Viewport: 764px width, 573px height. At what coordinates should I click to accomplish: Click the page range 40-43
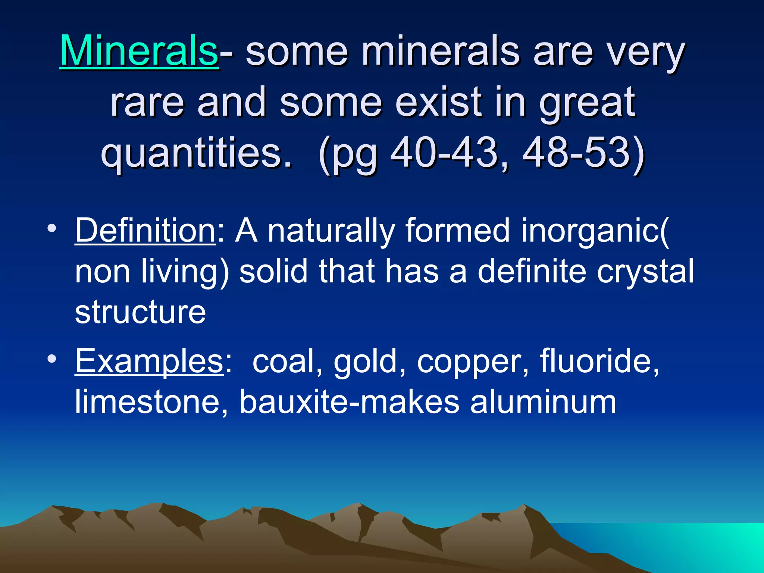444,153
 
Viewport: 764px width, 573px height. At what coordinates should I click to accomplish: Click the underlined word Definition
145,231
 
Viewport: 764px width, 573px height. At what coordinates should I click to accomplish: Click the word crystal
645,272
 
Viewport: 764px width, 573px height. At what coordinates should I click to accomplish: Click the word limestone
151,402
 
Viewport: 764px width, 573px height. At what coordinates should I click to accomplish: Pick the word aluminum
543,402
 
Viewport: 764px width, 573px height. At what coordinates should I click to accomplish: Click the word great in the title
587,102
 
